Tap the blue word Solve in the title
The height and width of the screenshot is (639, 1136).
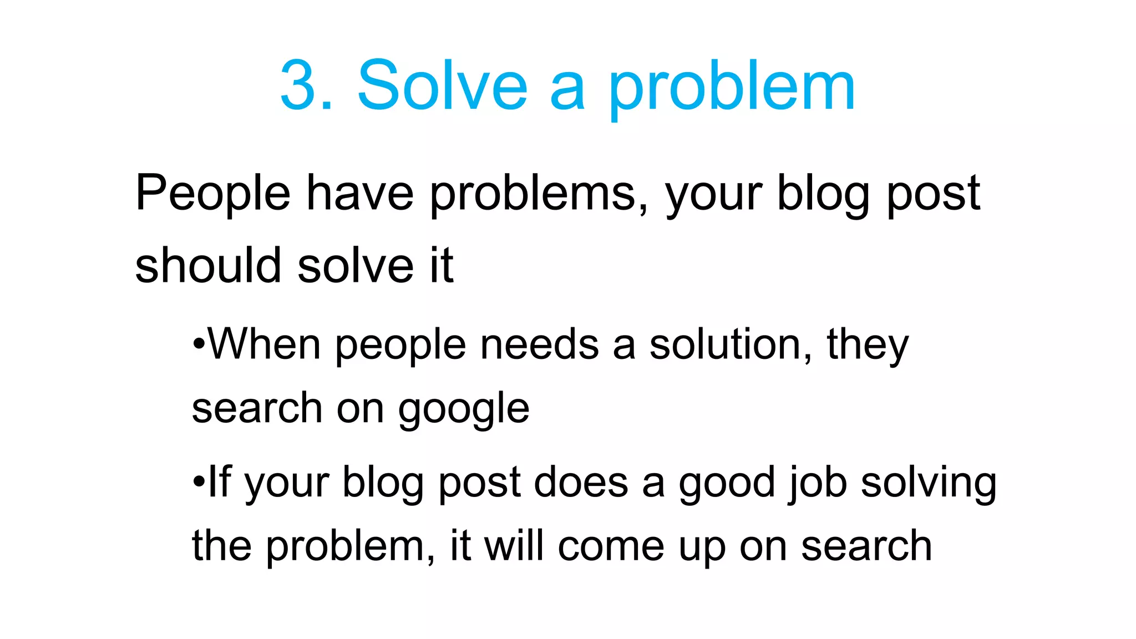pos(442,86)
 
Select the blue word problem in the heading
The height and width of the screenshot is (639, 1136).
pos(732,89)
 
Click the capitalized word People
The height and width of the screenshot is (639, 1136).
pos(212,194)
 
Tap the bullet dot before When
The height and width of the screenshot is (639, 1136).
pos(199,344)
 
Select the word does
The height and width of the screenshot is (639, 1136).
pos(581,481)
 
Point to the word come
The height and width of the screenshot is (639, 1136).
pos(611,547)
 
